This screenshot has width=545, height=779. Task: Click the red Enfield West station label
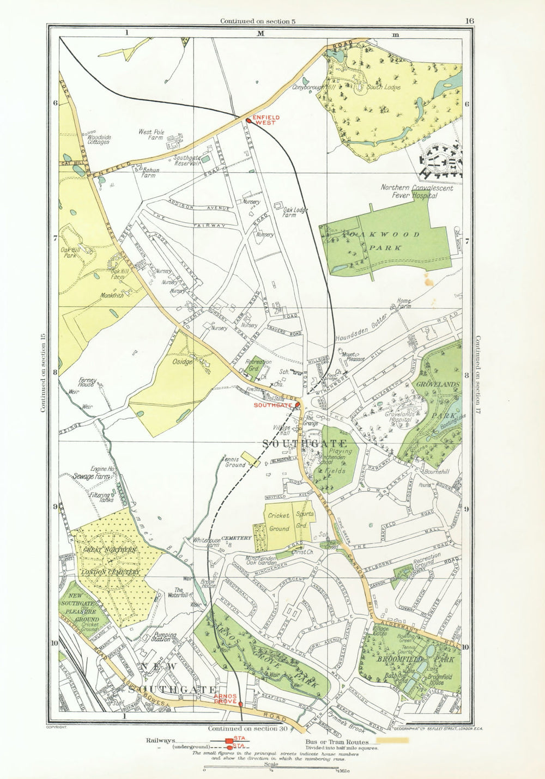[267, 120]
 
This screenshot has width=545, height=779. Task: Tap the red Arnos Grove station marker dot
[240, 704]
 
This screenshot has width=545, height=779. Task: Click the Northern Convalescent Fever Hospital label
[409, 191]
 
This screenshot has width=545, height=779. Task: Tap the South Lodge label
[383, 87]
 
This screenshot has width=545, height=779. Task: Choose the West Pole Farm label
[152, 135]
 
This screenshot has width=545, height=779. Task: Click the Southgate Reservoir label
[187, 161]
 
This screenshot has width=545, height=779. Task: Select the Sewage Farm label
[92, 476]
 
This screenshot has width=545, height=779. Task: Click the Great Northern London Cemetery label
[111, 561]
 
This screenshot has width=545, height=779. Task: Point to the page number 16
[470, 21]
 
